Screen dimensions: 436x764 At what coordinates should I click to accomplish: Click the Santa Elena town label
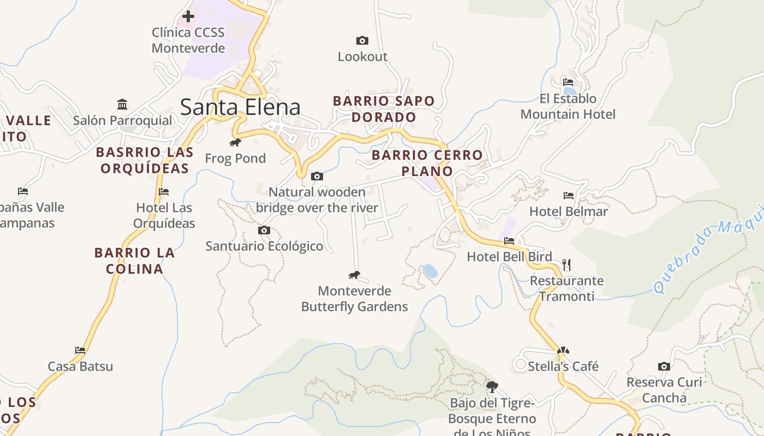(240, 107)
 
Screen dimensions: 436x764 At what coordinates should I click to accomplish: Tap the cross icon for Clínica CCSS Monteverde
(188, 16)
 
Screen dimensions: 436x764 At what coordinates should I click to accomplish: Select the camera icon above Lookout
(362, 40)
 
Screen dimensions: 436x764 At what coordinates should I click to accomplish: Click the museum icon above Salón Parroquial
(122, 104)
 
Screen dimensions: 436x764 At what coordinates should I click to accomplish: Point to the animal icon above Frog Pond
(235, 143)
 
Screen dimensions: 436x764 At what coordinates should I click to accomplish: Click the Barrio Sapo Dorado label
(384, 109)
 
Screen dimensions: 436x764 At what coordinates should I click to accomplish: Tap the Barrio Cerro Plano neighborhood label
(427, 163)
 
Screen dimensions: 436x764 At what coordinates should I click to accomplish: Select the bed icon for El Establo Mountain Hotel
(568, 82)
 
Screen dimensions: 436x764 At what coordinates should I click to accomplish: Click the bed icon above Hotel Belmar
(569, 195)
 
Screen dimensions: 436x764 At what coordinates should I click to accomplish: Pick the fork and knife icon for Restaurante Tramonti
(566, 265)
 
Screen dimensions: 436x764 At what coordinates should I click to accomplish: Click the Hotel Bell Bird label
(509, 257)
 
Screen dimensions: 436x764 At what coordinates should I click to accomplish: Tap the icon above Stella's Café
(563, 350)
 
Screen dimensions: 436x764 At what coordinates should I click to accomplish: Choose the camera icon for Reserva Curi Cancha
(664, 366)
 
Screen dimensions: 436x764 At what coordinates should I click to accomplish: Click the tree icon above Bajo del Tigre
(492, 387)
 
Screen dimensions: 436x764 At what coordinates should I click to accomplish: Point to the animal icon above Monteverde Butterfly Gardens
(354, 275)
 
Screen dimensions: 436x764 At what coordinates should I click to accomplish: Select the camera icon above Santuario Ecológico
(264, 230)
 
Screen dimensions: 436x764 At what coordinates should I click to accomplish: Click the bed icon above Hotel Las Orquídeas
(164, 191)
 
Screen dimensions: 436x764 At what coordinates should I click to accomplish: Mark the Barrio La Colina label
(135, 261)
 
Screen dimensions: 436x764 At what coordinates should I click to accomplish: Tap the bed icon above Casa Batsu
(80, 350)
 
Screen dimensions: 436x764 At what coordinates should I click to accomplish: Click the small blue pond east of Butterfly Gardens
(430, 270)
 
